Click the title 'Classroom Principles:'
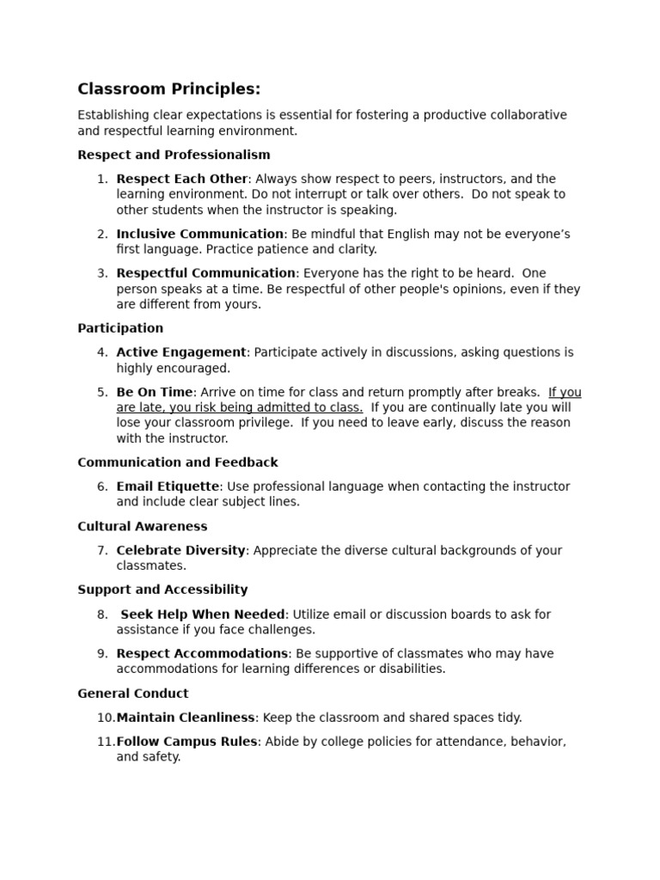point(168,89)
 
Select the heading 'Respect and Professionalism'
point(174,155)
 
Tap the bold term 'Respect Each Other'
point(182,179)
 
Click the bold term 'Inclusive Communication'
point(199,234)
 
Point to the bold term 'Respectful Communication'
point(205,273)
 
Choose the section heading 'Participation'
point(120,328)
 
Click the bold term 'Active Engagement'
point(181,352)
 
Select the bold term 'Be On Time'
point(154,392)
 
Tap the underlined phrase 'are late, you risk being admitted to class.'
point(240,407)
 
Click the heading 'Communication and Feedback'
point(177,462)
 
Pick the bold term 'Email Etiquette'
point(168,486)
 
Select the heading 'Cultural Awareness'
point(142,526)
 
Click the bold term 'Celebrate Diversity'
point(180,550)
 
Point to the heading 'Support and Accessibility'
point(162,590)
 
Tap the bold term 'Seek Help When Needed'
point(203,614)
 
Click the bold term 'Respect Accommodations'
point(202,653)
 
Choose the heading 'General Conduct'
point(132,694)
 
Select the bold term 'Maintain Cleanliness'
point(186,718)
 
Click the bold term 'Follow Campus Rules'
point(186,742)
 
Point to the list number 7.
point(102,550)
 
